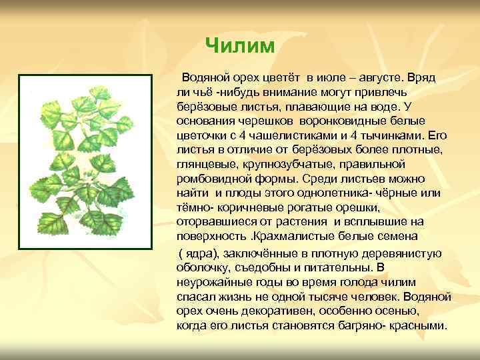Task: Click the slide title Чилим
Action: [x=239, y=45]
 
